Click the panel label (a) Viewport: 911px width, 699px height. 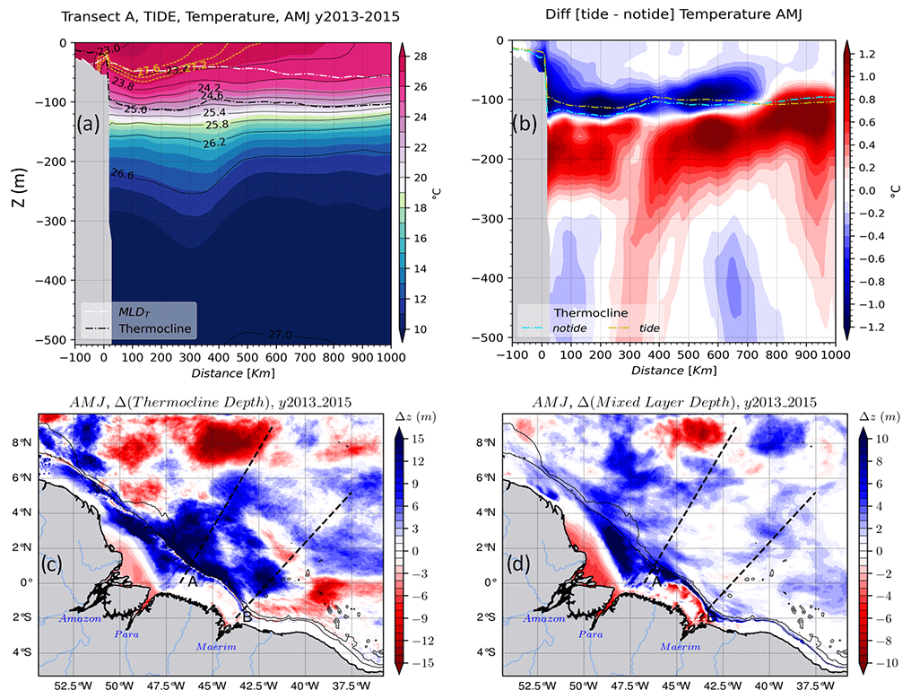94,124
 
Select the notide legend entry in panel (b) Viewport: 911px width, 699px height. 577,328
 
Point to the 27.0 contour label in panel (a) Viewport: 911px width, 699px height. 281,334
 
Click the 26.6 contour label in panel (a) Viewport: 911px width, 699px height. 124,174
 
